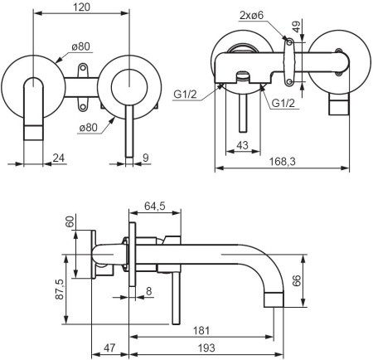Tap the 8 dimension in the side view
pyautogui.click(x=148, y=290)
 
